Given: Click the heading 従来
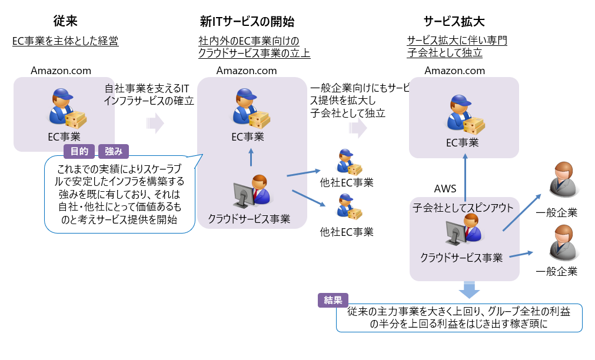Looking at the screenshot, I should coord(65,22).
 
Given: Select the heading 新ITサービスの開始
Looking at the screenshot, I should coord(247,22).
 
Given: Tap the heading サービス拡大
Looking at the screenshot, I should coord(454,22).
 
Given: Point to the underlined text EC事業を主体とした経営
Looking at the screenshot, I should coord(65,41).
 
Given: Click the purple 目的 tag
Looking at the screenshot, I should coord(79,152).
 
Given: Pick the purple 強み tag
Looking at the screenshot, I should coord(114,152).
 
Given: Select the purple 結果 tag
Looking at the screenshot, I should coord(333,300).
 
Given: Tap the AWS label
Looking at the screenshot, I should coord(446,189).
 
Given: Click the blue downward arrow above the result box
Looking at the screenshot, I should coord(470,289).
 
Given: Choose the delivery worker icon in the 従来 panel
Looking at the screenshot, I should coord(64,109).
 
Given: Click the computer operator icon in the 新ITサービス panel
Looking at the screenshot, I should coord(251,192).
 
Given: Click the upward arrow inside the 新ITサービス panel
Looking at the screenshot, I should coord(251,158).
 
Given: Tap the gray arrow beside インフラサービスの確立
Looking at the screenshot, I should coord(154,124).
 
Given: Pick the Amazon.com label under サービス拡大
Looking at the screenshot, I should coord(455,71).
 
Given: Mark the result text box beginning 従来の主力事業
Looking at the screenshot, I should coord(459,318).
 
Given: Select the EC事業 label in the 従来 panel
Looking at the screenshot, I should coord(64,136).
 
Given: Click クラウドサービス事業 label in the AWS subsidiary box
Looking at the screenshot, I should coord(461,257).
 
